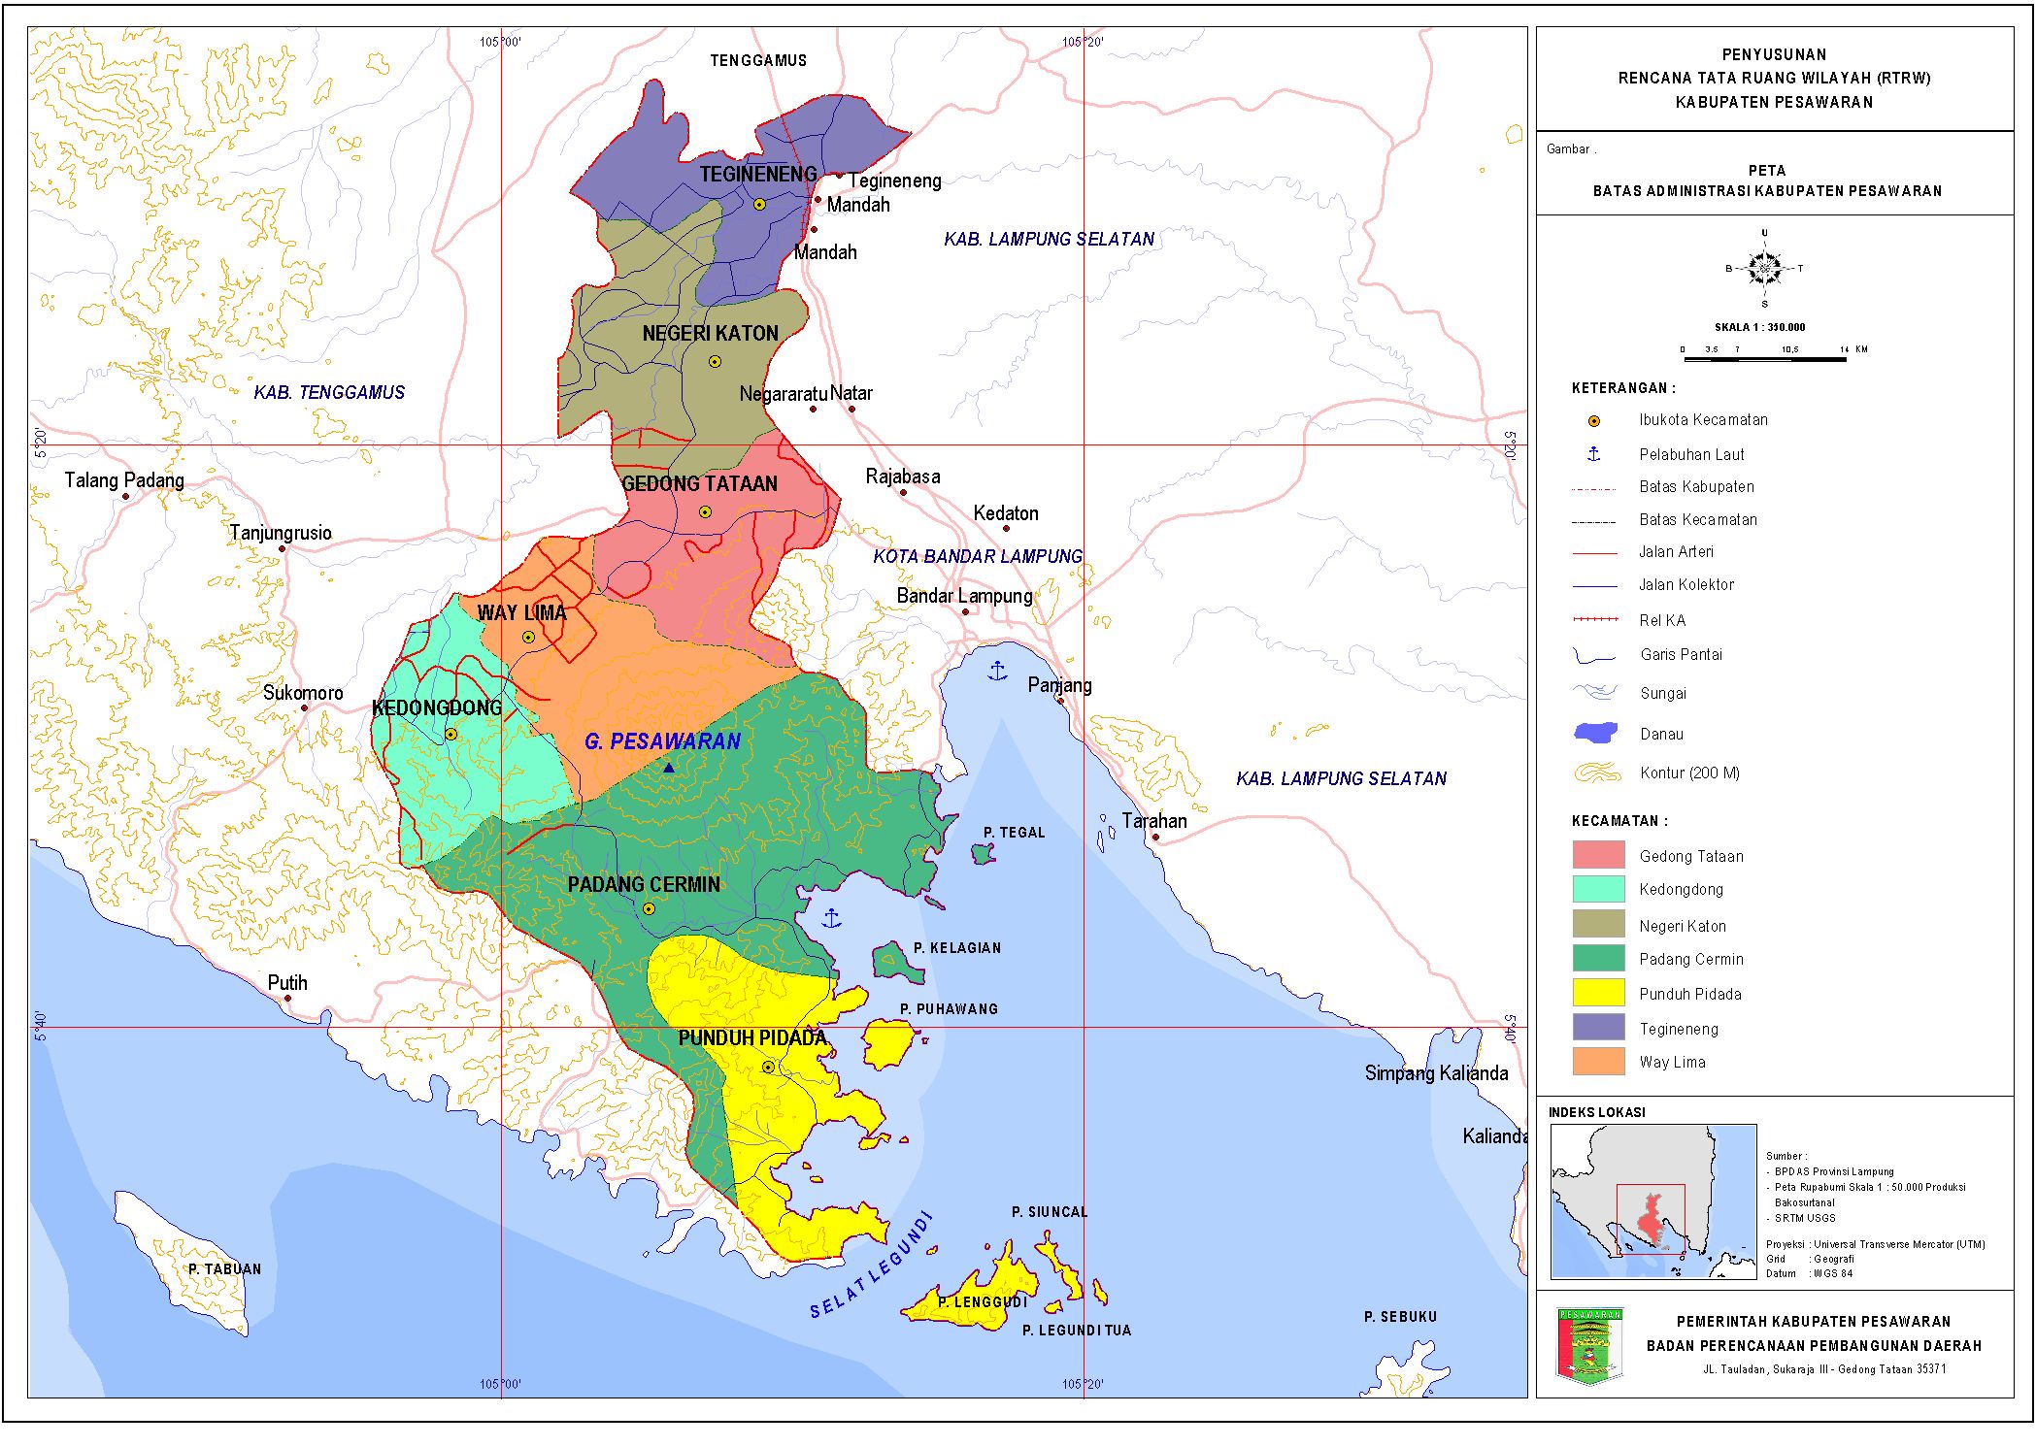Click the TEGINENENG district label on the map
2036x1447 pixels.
click(757, 175)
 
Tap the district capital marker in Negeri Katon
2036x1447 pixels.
click(715, 362)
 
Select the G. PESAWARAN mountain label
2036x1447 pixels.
click(662, 742)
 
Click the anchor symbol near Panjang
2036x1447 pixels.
click(997, 671)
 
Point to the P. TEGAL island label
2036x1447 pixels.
click(1014, 833)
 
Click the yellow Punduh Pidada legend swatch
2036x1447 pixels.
click(1598, 993)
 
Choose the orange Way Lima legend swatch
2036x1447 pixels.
click(1598, 1062)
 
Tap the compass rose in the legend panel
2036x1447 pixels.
click(1764, 268)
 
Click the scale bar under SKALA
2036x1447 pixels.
click(1764, 359)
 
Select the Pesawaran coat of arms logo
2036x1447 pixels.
click(1589, 1345)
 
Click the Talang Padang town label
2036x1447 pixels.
click(124, 480)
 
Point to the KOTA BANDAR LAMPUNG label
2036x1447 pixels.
click(977, 557)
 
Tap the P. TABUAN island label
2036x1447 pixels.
click(224, 1269)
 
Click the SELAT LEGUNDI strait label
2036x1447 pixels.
click(871, 1267)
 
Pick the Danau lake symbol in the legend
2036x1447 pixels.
click(1595, 733)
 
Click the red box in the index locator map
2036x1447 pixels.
click(1650, 1219)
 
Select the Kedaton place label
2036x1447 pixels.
click(1006, 513)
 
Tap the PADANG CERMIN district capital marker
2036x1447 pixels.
click(649, 909)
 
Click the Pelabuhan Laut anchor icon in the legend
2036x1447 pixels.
click(1593, 453)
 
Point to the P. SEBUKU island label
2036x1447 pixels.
click(1400, 1317)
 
